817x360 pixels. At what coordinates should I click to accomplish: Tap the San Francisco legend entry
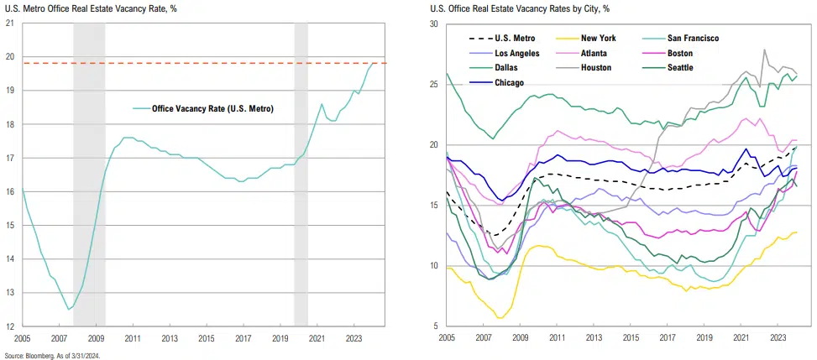click(x=693, y=38)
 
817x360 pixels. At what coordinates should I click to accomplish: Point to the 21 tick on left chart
click(x=9, y=23)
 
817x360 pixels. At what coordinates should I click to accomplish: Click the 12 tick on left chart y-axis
click(x=9, y=326)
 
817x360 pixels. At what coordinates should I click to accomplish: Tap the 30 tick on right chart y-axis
click(x=435, y=24)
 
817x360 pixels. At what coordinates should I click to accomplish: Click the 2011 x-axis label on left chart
click(x=133, y=338)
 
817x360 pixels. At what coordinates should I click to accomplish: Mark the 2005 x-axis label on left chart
click(x=23, y=338)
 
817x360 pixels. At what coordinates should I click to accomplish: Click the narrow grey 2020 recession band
click(x=301, y=168)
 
